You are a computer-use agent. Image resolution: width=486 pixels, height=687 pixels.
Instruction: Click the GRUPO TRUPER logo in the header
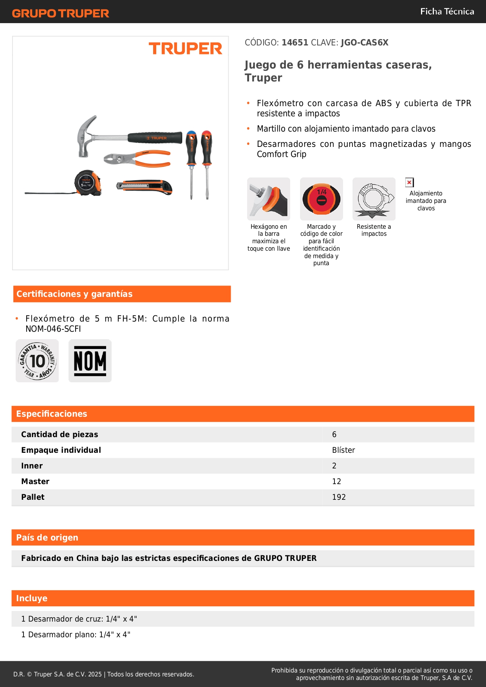[x=60, y=13]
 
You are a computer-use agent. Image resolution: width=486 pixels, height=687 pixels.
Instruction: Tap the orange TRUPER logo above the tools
[x=185, y=49]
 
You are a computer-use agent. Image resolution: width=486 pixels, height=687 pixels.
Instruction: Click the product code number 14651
[x=295, y=43]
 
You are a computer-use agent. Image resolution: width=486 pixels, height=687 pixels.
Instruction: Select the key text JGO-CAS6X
[x=364, y=43]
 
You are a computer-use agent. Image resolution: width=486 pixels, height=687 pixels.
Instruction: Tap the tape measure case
[x=88, y=183]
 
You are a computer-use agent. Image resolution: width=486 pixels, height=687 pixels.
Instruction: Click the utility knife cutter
[x=144, y=186]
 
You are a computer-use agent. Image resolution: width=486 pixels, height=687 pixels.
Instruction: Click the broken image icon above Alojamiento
[x=409, y=182]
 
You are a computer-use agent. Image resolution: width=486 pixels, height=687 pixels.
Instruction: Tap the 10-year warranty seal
[x=37, y=361]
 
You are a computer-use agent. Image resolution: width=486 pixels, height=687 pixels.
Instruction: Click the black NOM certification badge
[x=90, y=361]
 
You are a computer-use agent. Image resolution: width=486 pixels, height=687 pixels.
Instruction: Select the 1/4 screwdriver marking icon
[x=322, y=199]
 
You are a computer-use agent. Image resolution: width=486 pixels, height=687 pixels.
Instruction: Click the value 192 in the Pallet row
[x=339, y=497]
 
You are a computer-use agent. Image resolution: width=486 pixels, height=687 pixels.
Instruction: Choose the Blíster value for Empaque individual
[x=343, y=450]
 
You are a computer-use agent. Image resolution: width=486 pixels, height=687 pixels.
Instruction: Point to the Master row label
[x=35, y=481]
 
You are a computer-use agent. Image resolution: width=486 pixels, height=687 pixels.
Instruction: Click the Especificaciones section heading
[x=52, y=414]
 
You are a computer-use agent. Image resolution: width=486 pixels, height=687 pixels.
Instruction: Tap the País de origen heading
[x=47, y=538]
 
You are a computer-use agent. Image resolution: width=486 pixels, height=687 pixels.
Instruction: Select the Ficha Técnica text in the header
[x=447, y=12]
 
